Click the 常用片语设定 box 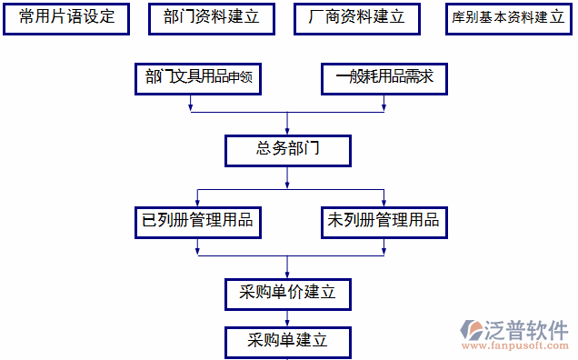pyautogui.click(x=67, y=18)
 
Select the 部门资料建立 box pyautogui.click(x=211, y=18)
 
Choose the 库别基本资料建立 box pyautogui.click(x=508, y=18)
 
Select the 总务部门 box pyautogui.click(x=287, y=150)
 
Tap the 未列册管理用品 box pyautogui.click(x=384, y=221)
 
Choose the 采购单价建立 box pyautogui.click(x=287, y=293)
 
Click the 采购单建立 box pyautogui.click(x=287, y=342)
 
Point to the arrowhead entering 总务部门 pyautogui.click(x=287, y=130)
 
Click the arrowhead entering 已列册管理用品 pyautogui.click(x=198, y=202)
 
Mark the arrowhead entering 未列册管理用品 pyautogui.click(x=384, y=202)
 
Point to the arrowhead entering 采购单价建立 pyautogui.click(x=287, y=273)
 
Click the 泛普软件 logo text pyautogui.click(x=529, y=329)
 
